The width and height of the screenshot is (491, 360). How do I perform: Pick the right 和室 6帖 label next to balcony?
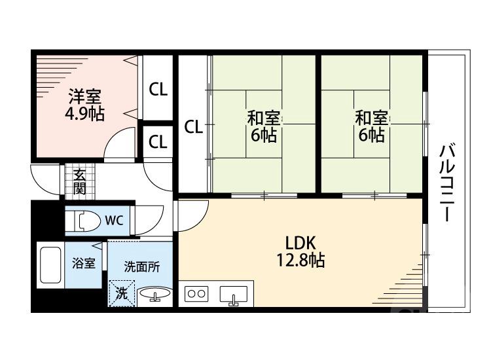[371, 127]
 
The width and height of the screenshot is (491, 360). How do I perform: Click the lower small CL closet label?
[158, 141]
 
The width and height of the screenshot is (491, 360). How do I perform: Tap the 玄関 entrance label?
[79, 181]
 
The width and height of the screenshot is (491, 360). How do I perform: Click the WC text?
[115, 220]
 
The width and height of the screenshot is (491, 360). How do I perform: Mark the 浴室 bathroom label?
[83, 264]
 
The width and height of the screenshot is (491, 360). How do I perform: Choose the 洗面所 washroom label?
[141, 267]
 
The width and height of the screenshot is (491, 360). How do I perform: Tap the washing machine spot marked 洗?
[122, 293]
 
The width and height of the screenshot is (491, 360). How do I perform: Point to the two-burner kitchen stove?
[197, 295]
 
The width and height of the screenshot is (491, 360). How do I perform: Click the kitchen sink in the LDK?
[233, 295]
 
